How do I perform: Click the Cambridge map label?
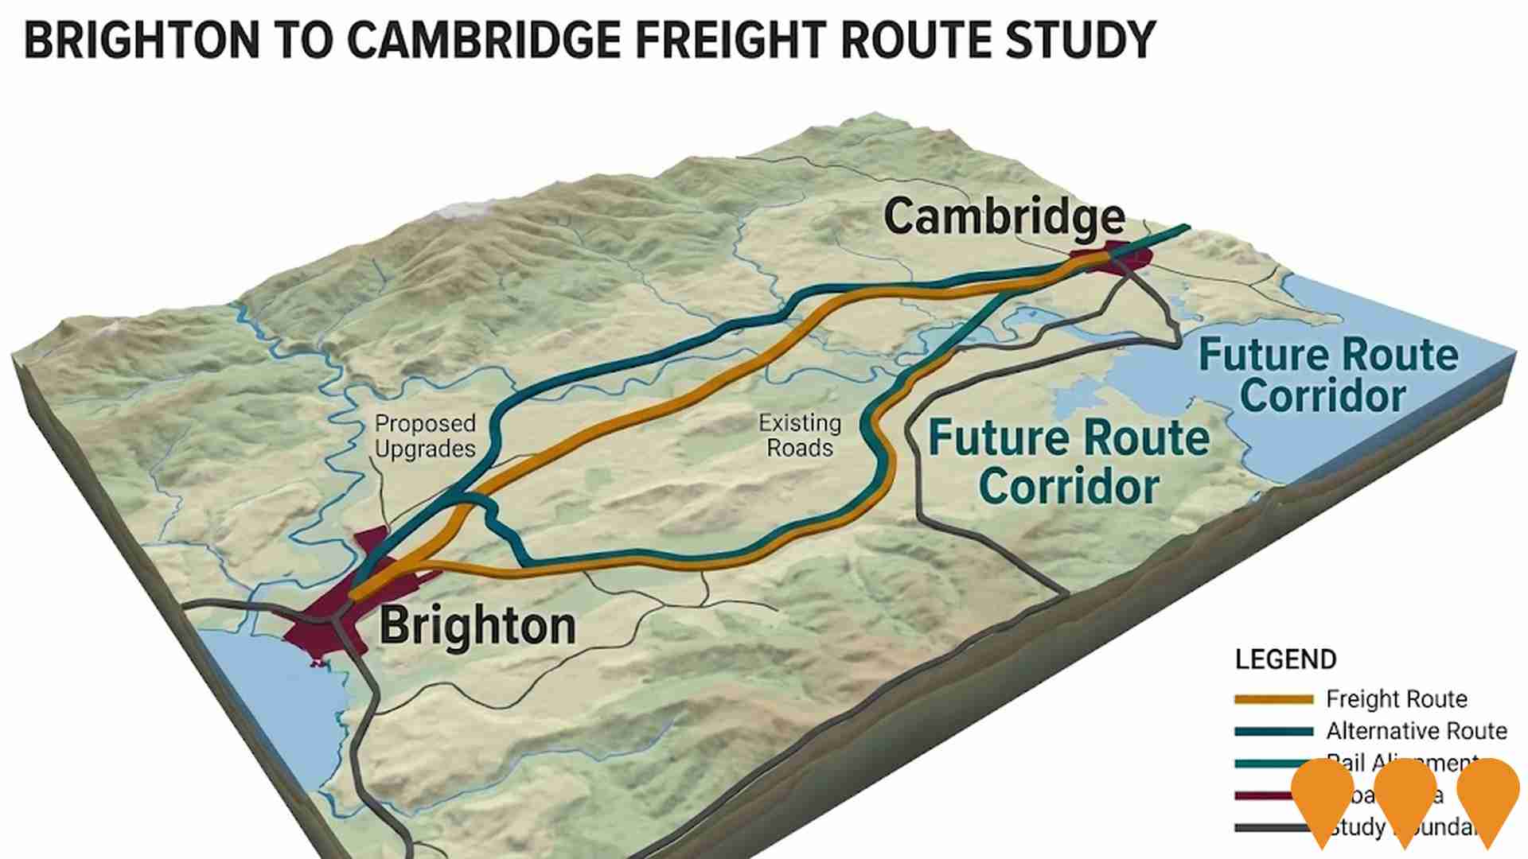pyautogui.click(x=1004, y=216)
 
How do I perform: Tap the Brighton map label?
pyautogui.click(x=477, y=626)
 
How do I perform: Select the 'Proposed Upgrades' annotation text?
pyautogui.click(x=425, y=436)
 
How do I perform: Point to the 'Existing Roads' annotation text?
pyautogui.click(x=800, y=435)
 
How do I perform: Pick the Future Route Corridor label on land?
pyautogui.click(x=1069, y=462)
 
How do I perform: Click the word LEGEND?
pyautogui.click(x=1285, y=659)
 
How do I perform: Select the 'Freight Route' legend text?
pyautogui.click(x=1396, y=699)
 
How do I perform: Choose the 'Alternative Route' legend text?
pyautogui.click(x=1416, y=731)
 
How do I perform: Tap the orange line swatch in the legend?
pyautogui.click(x=1273, y=700)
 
